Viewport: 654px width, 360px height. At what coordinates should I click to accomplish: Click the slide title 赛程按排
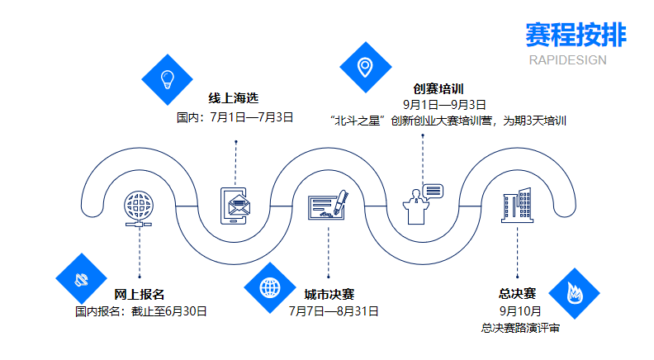point(575,35)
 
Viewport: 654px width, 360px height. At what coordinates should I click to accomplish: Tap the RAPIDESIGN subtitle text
point(566,59)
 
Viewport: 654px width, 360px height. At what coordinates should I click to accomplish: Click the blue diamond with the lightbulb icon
point(168,78)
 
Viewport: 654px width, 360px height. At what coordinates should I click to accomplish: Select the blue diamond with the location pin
point(364,66)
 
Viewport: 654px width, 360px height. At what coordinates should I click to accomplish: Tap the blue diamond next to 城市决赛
point(270,288)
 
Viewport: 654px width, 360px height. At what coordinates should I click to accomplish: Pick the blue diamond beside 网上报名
point(81,278)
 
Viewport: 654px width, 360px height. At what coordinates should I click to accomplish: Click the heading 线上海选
point(232,97)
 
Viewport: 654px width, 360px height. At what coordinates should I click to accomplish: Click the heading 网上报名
point(140,294)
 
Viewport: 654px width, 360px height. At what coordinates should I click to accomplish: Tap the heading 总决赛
point(518,293)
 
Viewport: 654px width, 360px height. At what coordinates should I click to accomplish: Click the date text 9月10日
point(520,310)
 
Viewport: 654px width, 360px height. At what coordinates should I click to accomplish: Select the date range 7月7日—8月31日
point(334,311)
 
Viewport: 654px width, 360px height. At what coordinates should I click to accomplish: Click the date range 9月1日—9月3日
point(444,104)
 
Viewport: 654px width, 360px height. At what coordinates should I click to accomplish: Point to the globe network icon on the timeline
point(140,206)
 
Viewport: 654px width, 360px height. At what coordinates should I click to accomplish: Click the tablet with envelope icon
point(236,206)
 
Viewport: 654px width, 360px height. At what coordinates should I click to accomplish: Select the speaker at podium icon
point(423,203)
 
